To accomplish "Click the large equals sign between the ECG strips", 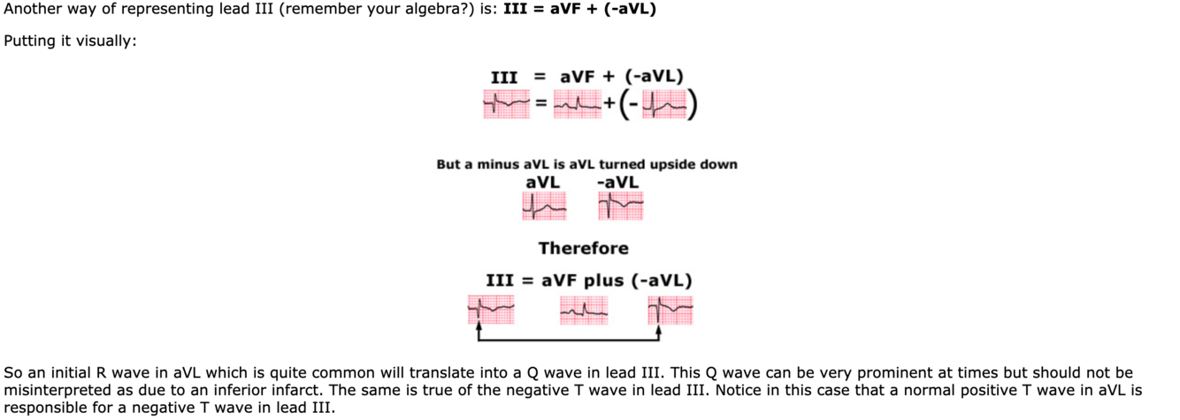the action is pyautogui.click(x=539, y=106).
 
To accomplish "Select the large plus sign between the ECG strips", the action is pyautogui.click(x=609, y=106).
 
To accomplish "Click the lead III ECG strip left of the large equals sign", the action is pyautogui.click(x=505, y=106).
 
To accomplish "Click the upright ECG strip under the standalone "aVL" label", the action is pyautogui.click(x=543, y=207).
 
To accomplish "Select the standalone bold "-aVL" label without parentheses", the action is pyautogui.click(x=617, y=182).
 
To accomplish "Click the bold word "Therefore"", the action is pyautogui.click(x=584, y=248).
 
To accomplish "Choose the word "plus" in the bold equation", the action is pyautogui.click(x=604, y=281).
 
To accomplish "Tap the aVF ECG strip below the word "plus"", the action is pyautogui.click(x=584, y=309).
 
